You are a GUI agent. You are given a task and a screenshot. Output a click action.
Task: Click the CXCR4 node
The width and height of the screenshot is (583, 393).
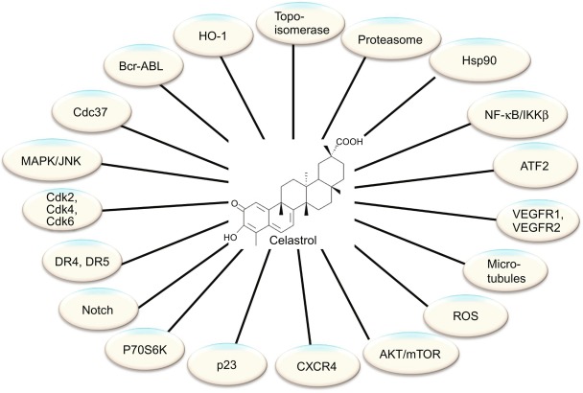tap(294, 366)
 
